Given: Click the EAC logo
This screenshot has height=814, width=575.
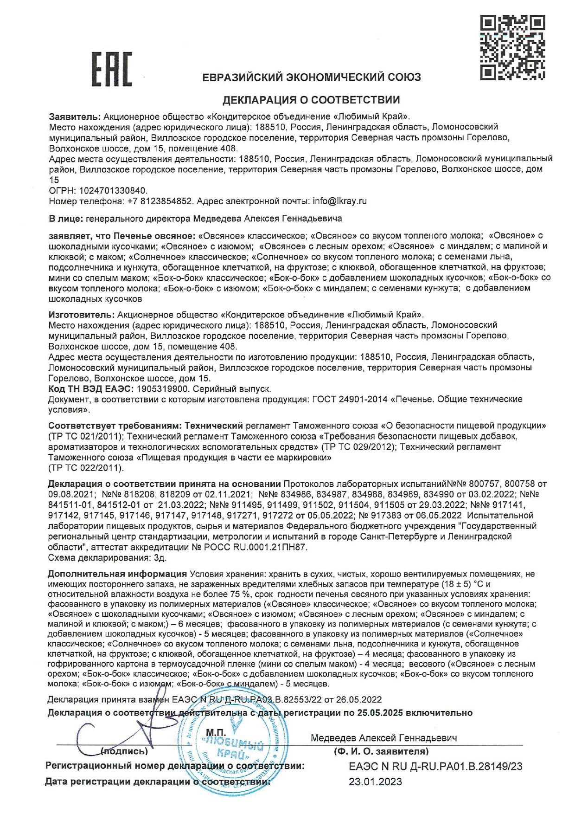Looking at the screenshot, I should pos(111,69).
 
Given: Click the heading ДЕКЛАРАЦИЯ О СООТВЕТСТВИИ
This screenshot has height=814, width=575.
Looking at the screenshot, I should pos(311,100).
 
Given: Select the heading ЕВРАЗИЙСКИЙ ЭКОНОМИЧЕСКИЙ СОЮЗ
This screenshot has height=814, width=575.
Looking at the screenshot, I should pos(311,77).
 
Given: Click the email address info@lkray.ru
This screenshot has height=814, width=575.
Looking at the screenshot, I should pos(339,201).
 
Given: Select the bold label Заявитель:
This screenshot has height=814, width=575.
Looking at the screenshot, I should pos(74,116).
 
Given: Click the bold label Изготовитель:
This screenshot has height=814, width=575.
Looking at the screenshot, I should pos(81,314).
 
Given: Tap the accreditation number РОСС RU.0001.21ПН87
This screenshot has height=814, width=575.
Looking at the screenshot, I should pos(255,547).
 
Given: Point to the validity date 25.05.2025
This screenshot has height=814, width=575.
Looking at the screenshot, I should pos(383,712).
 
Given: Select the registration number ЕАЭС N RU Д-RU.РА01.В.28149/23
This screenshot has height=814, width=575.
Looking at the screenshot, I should pos(435,766).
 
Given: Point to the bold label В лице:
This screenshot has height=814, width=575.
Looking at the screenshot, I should pos(65,218).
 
